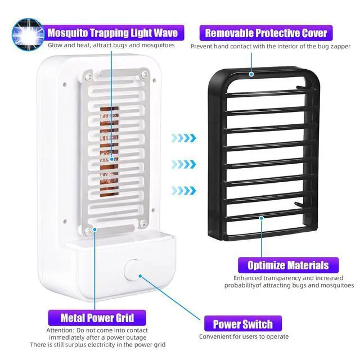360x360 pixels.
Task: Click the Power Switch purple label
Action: click(243, 324)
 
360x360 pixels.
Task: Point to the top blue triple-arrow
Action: click(184, 138)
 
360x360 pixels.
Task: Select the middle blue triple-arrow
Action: click(184, 164)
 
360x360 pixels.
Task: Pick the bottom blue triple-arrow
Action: click(184, 191)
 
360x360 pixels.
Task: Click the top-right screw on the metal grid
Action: click(145, 74)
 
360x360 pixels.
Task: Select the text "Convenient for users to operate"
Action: click(244, 336)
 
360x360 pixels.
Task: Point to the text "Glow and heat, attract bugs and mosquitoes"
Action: click(111, 46)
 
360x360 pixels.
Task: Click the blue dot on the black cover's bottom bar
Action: click(261, 217)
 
